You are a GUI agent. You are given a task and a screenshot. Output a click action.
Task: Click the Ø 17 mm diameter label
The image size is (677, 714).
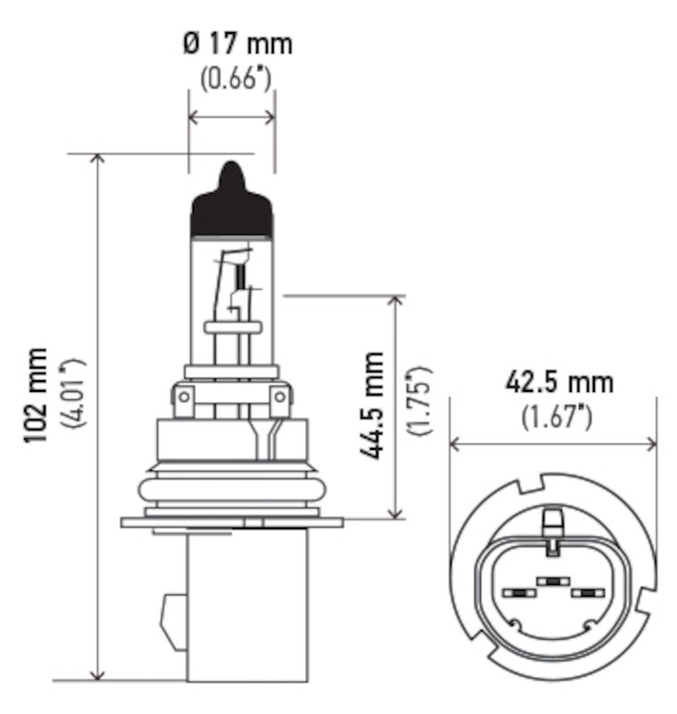[236, 42]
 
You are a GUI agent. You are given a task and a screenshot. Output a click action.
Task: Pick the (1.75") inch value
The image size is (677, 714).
[418, 400]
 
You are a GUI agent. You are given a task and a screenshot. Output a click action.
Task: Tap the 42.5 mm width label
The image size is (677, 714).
[559, 383]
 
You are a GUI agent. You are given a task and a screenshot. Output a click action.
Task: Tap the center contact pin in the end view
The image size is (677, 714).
[554, 581]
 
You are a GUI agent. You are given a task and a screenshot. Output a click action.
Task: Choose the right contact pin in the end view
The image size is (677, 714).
[588, 593]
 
